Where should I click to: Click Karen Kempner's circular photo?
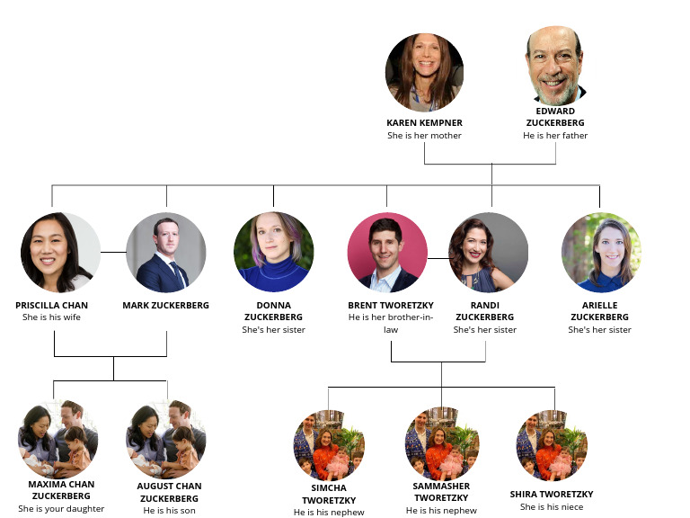point(424,73)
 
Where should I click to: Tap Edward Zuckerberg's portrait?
point(555,65)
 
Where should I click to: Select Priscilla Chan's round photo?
point(60,253)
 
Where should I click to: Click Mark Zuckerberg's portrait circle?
point(166,253)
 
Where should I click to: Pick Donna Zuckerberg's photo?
point(273,253)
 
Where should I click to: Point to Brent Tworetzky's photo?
point(387,253)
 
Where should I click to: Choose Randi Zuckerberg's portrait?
point(489,253)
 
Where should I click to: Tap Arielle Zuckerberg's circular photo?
point(600,253)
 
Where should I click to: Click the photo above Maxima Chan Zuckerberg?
point(58,439)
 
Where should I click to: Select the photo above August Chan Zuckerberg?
point(166,439)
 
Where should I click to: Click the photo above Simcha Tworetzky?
point(329,444)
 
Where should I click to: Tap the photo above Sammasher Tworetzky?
point(441,444)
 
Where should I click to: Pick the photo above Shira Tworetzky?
point(552,444)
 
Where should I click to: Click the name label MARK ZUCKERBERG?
point(166,306)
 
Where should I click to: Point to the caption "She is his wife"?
point(52,317)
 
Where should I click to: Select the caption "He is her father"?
point(555,136)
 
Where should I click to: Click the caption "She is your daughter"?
point(61,509)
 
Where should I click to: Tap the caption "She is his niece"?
point(552,506)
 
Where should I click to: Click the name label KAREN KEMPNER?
point(424,122)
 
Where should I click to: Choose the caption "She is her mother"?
point(424,136)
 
